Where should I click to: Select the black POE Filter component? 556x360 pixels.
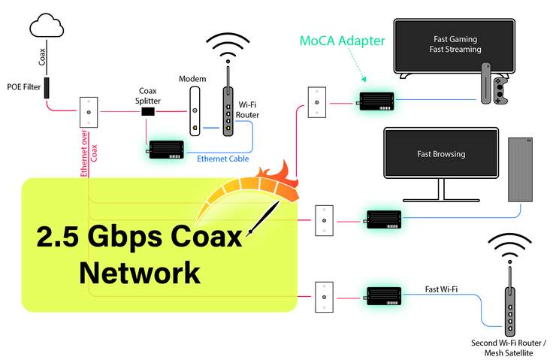47,89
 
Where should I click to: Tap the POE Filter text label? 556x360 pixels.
23,86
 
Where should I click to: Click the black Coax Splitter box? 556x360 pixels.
149,112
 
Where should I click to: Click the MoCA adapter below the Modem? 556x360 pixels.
167,150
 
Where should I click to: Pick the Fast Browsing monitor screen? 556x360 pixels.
441,154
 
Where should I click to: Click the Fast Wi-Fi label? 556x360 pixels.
441,289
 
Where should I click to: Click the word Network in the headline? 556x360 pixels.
140,271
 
